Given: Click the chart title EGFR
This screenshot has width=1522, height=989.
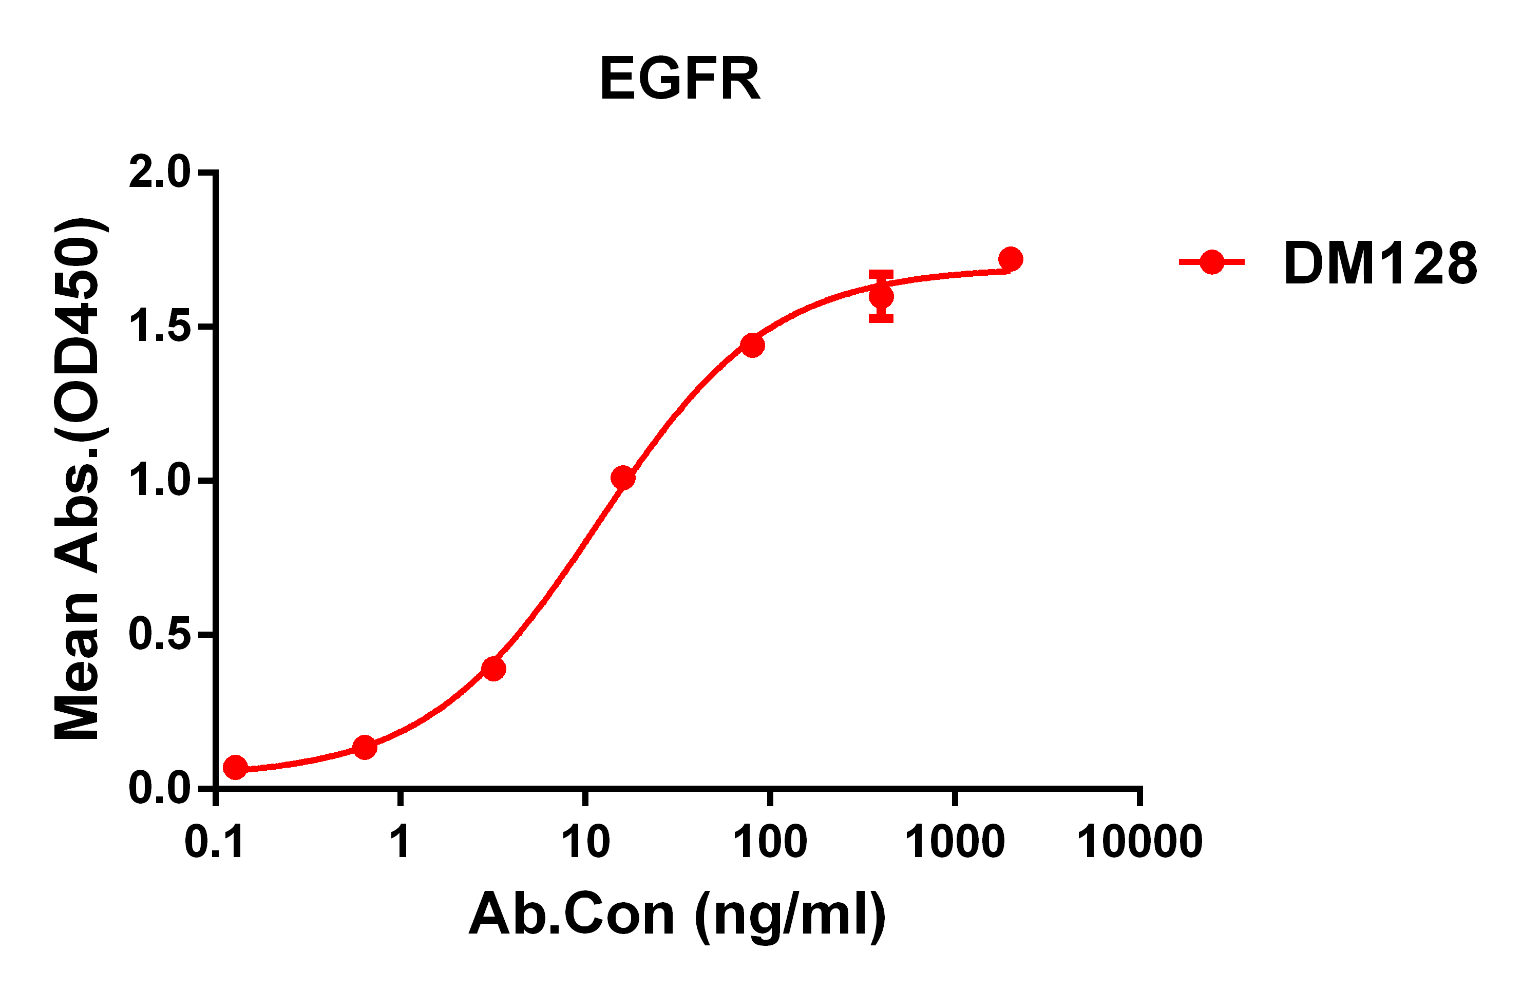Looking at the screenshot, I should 680,79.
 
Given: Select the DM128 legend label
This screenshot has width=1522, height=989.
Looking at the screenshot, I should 1381,263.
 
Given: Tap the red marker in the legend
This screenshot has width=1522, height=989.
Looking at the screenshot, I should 1212,261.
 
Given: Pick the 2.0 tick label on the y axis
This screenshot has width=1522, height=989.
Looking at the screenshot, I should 160,172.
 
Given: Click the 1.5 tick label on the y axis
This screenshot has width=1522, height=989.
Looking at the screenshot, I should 160,327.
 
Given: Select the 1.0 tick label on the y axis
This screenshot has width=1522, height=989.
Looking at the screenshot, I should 160,481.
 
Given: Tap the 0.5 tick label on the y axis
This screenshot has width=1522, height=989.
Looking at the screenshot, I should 160,635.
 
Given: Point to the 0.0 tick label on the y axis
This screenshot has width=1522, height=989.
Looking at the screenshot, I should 160,789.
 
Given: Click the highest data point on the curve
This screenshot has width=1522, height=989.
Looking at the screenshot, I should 1011,259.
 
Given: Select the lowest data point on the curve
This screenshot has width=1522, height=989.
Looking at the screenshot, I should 235,768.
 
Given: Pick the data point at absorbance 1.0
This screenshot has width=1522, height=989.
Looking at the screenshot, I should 623,478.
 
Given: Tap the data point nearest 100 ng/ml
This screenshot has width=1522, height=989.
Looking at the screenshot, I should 752,345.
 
